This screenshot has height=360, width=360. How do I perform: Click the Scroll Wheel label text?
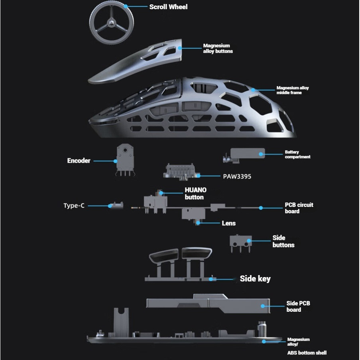[168, 7]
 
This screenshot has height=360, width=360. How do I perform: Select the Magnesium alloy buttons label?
[218, 48]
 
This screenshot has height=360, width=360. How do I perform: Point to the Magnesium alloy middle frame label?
[292, 90]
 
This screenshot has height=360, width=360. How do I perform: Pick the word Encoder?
[79, 161]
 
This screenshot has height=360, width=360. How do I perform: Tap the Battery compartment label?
[297, 154]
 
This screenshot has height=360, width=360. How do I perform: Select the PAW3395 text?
[237, 176]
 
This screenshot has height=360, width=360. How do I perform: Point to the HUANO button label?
[195, 194]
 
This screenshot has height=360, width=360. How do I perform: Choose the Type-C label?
[74, 206]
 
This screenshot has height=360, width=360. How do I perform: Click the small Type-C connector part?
[116, 205]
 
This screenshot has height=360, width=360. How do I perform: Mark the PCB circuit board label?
[299, 208]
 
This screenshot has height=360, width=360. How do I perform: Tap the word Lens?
[228, 223]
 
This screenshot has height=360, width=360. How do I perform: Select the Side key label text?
[255, 279]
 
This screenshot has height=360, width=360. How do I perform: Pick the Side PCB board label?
[298, 306]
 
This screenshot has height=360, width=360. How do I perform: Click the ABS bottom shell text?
[307, 353]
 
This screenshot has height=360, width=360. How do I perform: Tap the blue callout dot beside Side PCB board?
[263, 306]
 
